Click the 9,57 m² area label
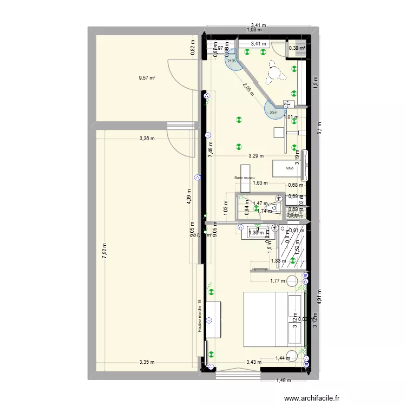pos(147,78)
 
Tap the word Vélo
pos(291,168)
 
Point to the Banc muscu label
pos(245,178)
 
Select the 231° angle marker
pos(273,113)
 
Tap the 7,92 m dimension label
pos(104,250)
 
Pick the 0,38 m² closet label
pos(297,48)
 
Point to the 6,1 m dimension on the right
pos(320,128)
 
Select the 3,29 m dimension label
pos(256,156)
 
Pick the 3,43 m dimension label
pos(254,363)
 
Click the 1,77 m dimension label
pos(277,280)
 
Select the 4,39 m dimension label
pos(189,198)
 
